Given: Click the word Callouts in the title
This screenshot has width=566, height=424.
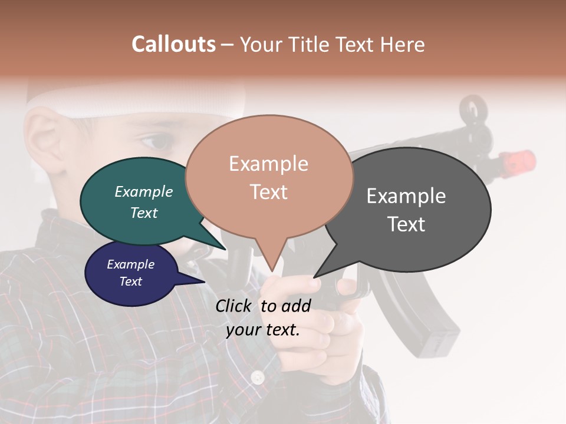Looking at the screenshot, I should tap(173, 44).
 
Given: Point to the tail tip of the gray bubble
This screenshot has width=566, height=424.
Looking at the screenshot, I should tap(314, 277).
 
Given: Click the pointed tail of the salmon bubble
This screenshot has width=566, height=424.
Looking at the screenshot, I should tap(272, 271).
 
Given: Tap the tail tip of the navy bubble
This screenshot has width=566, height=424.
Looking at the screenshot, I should tap(204, 282).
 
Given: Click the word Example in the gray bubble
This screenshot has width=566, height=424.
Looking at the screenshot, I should tap(406, 196).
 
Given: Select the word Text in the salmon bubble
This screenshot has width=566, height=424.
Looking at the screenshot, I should tap(269, 192).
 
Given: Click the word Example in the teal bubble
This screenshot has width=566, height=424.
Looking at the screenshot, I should tap(144, 191).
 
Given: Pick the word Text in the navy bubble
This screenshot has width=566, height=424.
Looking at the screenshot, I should tap(131, 281).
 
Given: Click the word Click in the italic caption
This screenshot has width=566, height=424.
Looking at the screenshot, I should tap(233, 305).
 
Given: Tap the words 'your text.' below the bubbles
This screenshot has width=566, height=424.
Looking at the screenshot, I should tap(263, 329).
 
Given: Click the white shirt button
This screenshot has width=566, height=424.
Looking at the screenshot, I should tap(257, 377).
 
